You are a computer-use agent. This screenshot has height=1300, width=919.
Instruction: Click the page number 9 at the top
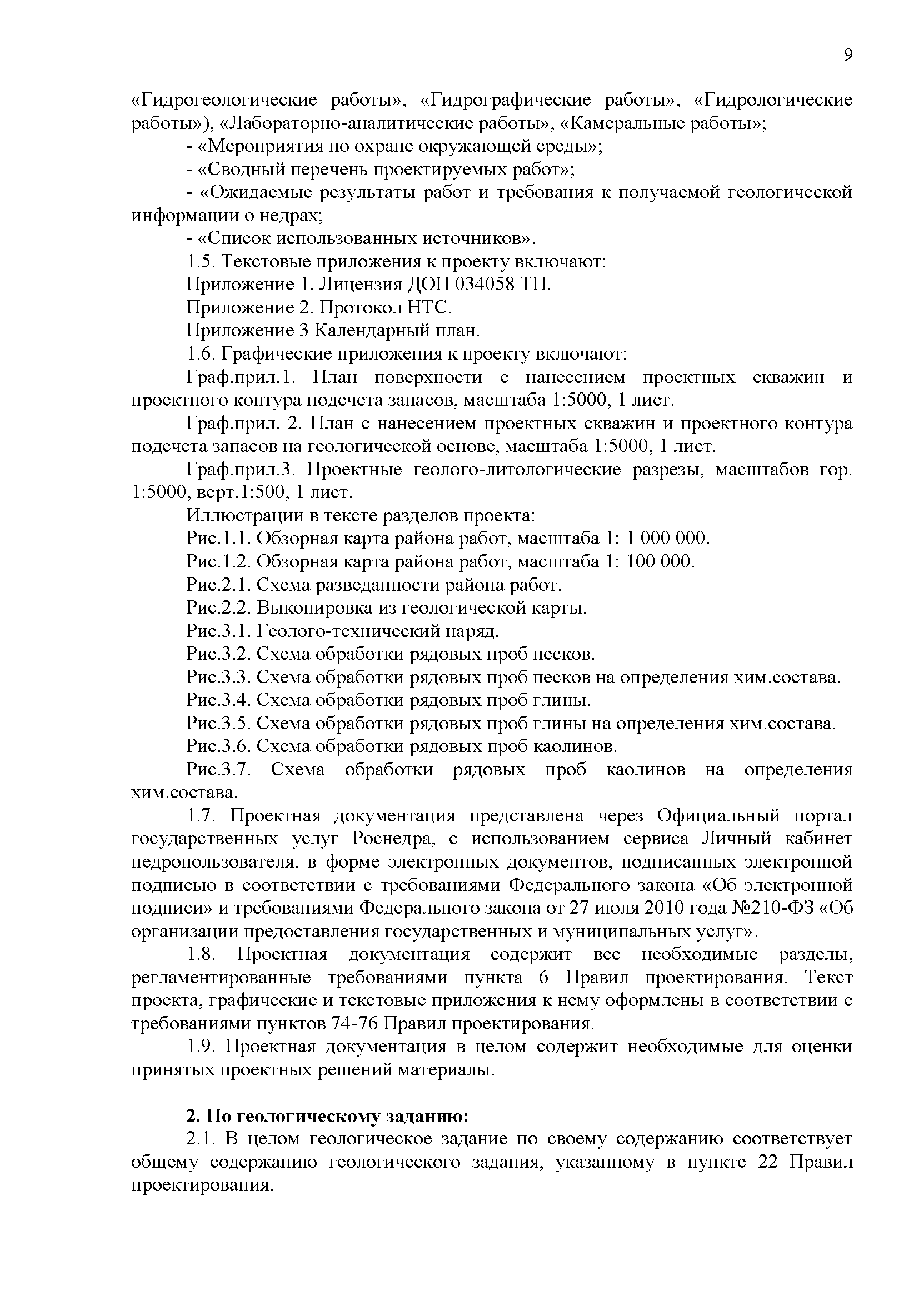847,55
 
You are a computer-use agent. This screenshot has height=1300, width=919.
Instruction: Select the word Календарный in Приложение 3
373,331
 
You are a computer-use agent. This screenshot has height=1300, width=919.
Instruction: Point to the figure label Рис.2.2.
219,608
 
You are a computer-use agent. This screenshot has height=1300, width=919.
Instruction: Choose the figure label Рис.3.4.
219,700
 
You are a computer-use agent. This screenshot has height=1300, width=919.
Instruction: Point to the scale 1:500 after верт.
262,492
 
